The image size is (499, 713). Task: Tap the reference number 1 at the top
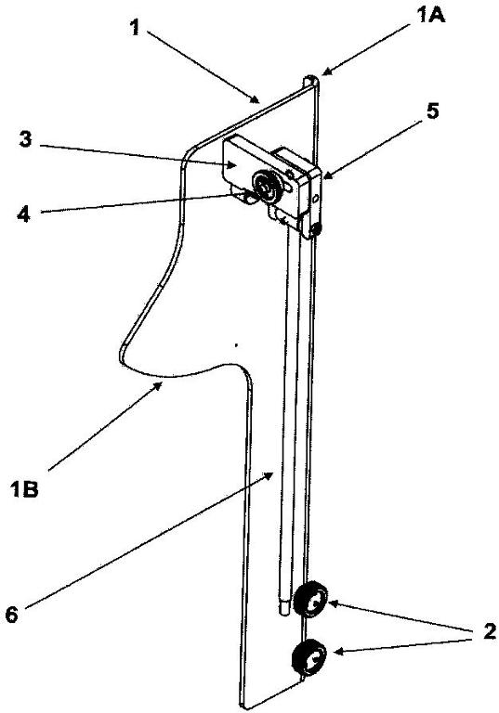tap(135, 29)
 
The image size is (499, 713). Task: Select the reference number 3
tap(26, 139)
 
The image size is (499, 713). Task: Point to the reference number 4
tap(23, 213)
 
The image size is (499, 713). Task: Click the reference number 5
tap(432, 110)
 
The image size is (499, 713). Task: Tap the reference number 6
tap(11, 616)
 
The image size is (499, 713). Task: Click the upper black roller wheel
tap(310, 599)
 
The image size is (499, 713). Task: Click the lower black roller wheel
tap(309, 657)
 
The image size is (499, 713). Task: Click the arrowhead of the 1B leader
tap(159, 385)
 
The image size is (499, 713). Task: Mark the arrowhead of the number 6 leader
tap(270, 474)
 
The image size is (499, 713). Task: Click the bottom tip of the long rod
tap(283, 614)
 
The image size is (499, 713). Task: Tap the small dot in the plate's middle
tap(235, 345)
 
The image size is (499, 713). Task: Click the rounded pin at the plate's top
tap(310, 80)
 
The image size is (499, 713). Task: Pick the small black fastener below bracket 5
tap(315, 229)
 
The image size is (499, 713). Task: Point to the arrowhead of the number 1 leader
tap(256, 99)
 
